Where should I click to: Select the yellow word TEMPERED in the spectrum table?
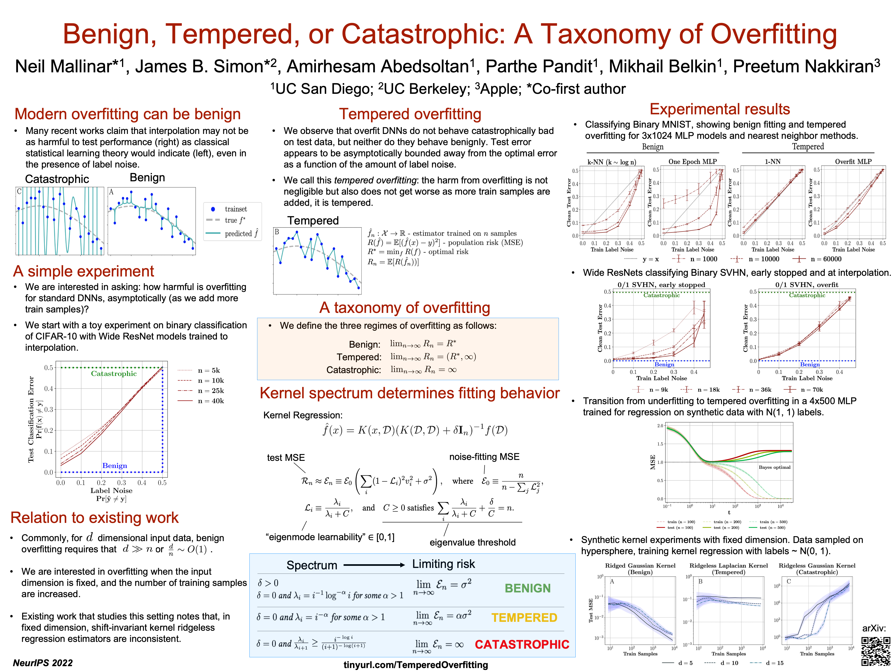pyautogui.click(x=524, y=618)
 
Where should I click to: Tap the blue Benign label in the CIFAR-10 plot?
pyautogui.click(x=115, y=466)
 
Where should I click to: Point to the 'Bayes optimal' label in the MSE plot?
pyautogui.click(x=774, y=467)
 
